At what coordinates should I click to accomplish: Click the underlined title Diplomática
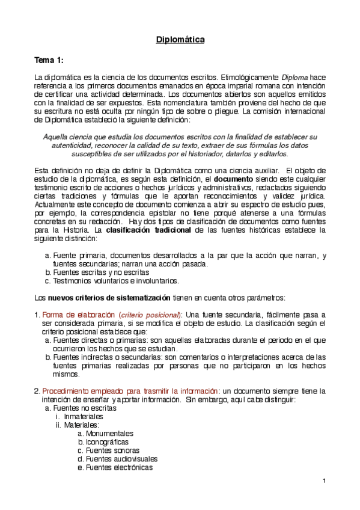[180, 40]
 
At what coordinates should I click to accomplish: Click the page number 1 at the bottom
[323, 480]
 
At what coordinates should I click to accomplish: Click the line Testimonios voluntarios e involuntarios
[116, 280]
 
